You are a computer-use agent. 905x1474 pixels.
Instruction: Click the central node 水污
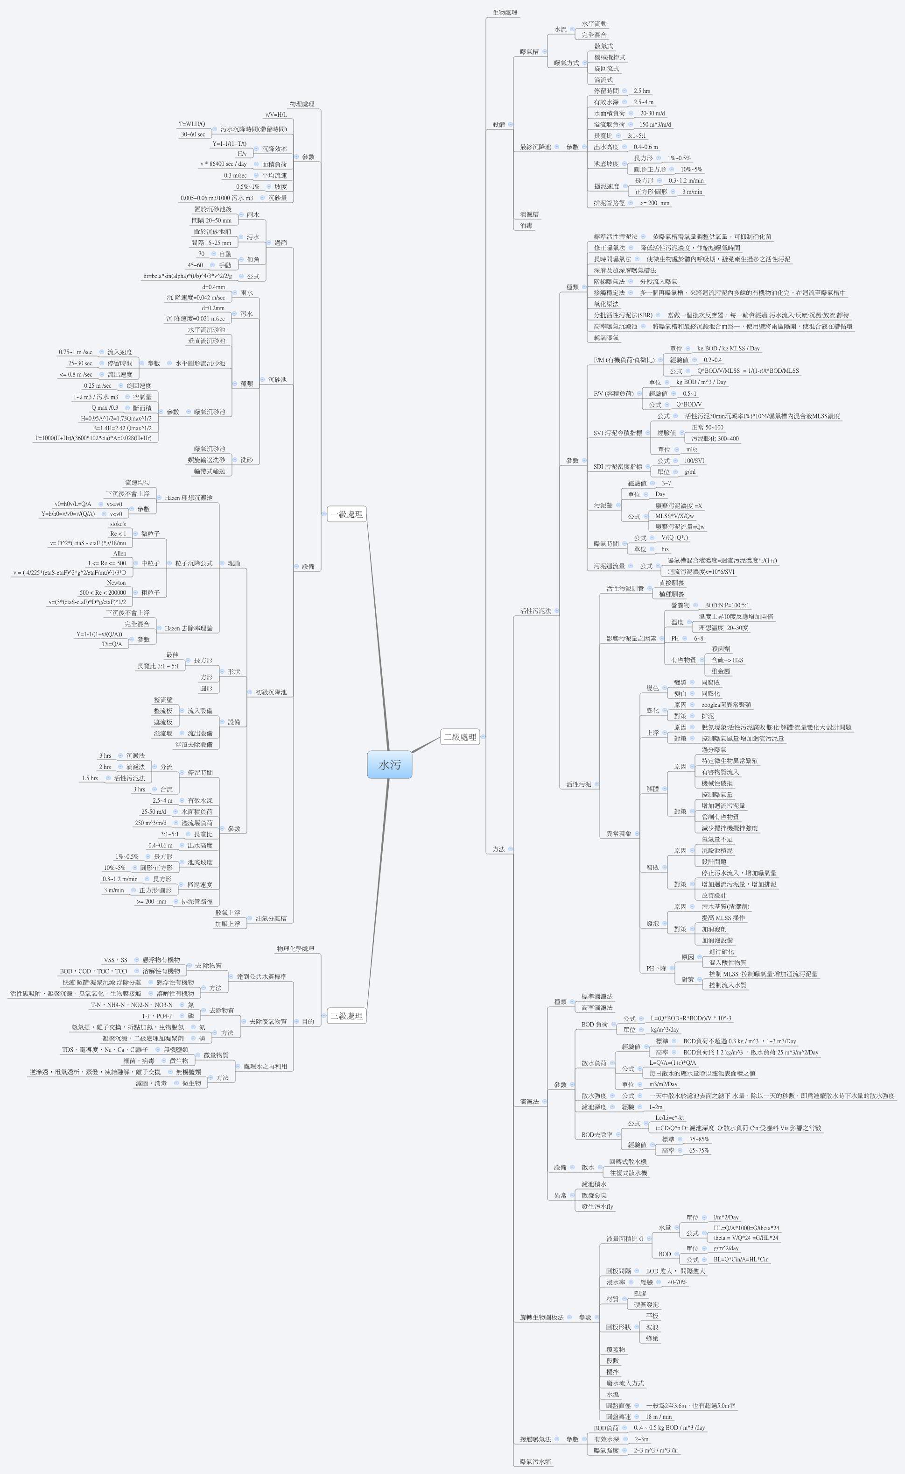click(x=389, y=765)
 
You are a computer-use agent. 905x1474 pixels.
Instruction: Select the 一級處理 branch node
click(x=347, y=514)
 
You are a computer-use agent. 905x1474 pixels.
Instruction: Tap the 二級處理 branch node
click(x=460, y=737)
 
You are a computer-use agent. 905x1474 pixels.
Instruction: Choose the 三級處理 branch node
click(x=347, y=1016)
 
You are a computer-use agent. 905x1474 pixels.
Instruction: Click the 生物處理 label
click(x=505, y=12)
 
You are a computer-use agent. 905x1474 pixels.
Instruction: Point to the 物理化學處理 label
click(x=295, y=949)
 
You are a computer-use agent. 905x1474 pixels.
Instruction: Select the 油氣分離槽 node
click(x=271, y=918)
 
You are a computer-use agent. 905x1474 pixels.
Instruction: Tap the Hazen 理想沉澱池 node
click(x=189, y=498)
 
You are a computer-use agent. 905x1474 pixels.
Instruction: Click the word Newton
click(x=116, y=582)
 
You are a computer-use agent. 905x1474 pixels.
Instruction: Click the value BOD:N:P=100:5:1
click(x=727, y=605)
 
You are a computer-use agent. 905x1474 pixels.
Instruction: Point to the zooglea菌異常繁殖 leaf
click(x=726, y=705)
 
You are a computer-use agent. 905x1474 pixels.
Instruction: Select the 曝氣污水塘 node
click(x=536, y=1462)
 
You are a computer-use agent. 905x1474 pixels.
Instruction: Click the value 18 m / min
click(x=659, y=1417)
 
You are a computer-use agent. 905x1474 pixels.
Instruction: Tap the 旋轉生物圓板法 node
click(x=542, y=1317)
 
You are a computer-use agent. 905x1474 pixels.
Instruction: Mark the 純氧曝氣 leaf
click(x=606, y=338)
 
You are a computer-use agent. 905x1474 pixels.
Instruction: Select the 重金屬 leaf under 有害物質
click(x=721, y=671)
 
